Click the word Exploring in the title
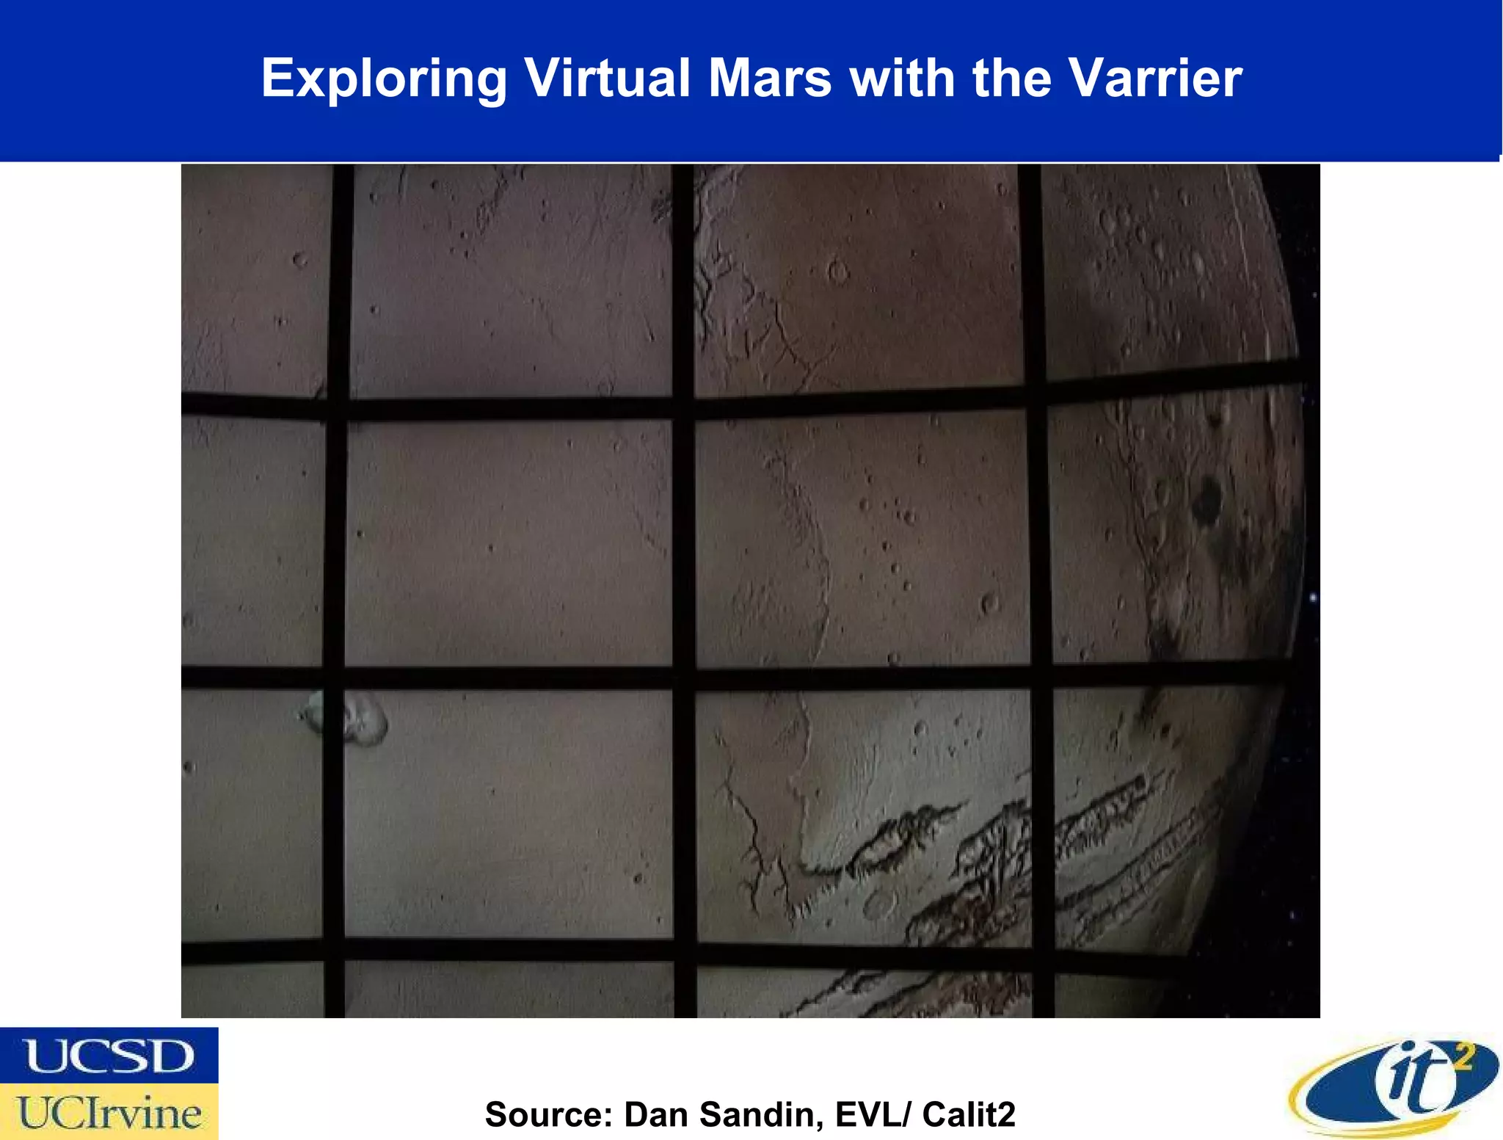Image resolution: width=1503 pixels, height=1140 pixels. point(384,79)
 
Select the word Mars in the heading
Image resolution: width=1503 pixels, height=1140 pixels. point(770,78)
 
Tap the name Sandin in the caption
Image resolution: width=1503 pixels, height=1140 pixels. point(761,1114)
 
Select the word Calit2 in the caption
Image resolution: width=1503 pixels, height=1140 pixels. point(969,1114)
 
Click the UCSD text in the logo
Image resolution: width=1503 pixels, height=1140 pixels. point(109,1056)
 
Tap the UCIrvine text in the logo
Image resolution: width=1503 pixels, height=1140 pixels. point(109,1113)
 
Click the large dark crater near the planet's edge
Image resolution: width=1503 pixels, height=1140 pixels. point(1206,499)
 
